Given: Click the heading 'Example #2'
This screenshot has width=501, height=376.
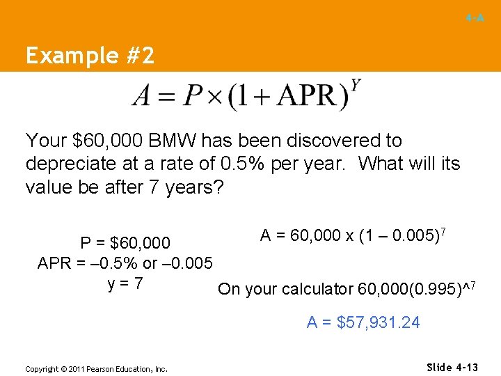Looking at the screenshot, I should pos(90,56).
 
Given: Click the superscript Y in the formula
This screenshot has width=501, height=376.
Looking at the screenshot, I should pos(356,86).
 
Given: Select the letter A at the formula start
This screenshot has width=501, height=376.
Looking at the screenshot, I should pos(143,96).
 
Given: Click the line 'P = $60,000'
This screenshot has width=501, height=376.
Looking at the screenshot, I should pos(125,243).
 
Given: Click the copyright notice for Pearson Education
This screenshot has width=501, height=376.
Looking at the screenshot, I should pos(96,369).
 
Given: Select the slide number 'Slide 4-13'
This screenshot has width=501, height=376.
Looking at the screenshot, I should pos(452,366).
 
